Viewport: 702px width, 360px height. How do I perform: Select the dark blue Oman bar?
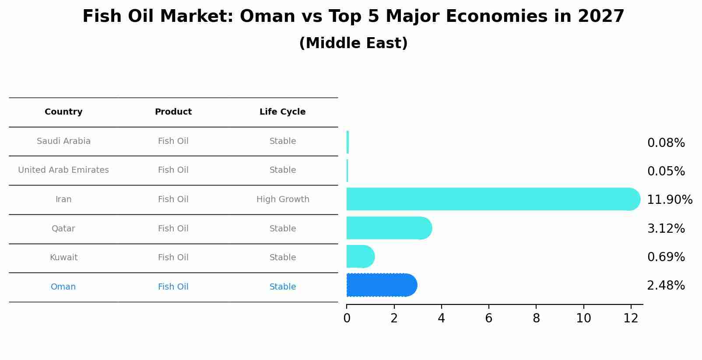coord(381,285)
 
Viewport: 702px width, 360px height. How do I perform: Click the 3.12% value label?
coord(666,228)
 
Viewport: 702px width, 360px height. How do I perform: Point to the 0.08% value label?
coord(666,143)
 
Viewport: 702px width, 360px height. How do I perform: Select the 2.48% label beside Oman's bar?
coord(666,286)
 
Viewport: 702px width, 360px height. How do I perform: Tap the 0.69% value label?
coord(666,257)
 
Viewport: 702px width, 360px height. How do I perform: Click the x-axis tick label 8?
coord(536,318)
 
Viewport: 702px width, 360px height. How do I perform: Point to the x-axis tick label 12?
coord(631,318)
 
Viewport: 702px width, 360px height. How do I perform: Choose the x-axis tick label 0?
coord(347,318)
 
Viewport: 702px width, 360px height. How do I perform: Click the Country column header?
coord(63,112)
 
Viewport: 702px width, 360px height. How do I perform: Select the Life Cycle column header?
coord(282,112)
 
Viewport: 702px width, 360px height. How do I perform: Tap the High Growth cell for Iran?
coord(283,199)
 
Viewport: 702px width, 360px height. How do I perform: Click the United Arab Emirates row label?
coord(63,170)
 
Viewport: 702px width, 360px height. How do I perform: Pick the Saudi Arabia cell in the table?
coord(63,141)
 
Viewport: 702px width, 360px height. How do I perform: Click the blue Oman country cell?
coord(63,287)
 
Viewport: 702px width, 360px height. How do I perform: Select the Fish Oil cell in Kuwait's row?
coord(173,258)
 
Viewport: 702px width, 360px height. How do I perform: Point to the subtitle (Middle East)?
coord(353,43)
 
